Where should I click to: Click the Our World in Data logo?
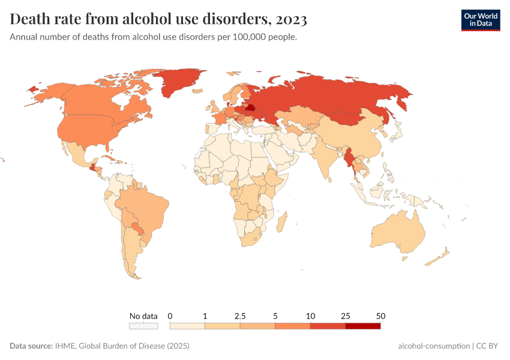point(480,20)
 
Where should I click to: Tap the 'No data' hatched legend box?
point(143,326)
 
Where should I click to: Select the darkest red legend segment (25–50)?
point(362,326)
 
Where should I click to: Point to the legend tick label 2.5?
point(240,316)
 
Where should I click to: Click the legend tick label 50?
point(380,316)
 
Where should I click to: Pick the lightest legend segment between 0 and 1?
point(187,326)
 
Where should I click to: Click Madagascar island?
point(281,221)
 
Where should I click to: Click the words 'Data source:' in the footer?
point(31,346)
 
